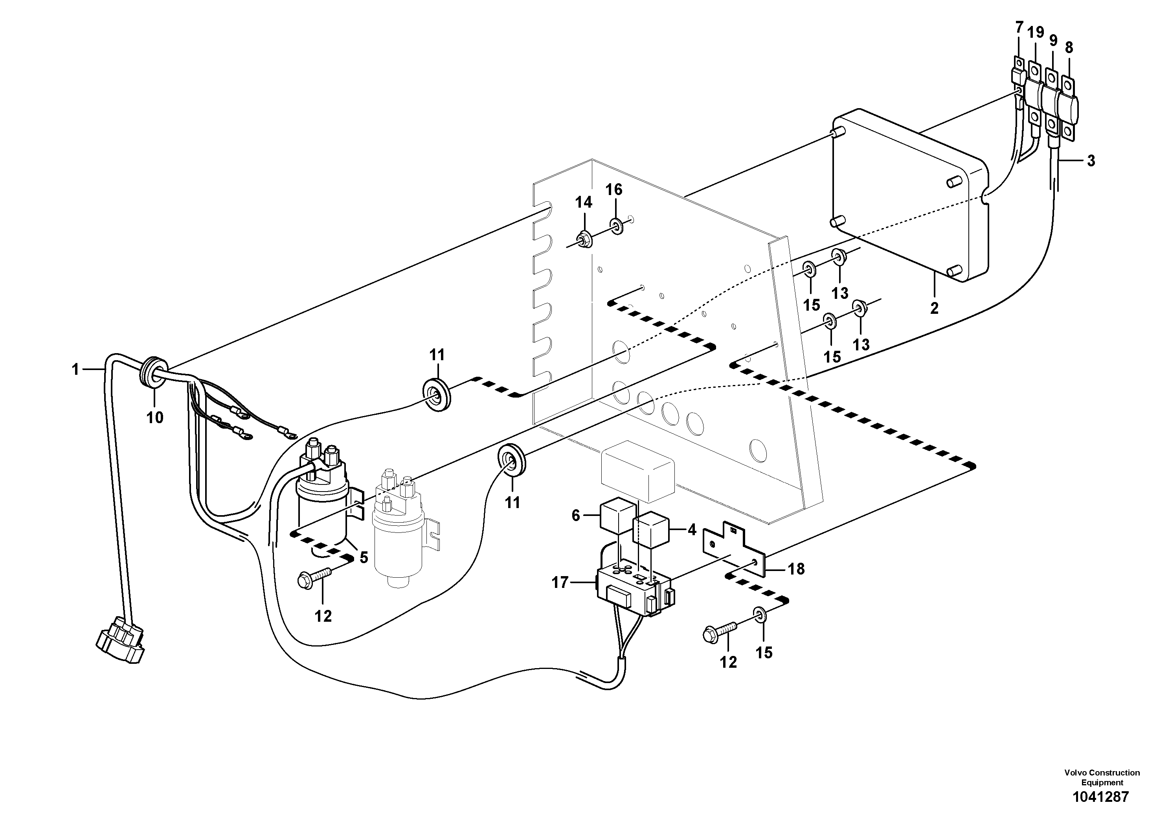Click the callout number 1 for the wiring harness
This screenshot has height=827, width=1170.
point(75,369)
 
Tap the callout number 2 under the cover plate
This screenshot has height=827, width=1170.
point(934,308)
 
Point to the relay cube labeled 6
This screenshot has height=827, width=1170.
point(617,516)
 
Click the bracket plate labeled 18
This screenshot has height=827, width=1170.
point(734,551)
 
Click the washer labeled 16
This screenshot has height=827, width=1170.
point(615,225)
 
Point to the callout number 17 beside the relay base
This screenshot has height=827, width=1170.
point(560,582)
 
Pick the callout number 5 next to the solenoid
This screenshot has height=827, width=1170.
point(363,557)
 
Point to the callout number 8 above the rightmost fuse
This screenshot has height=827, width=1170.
point(1069,48)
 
